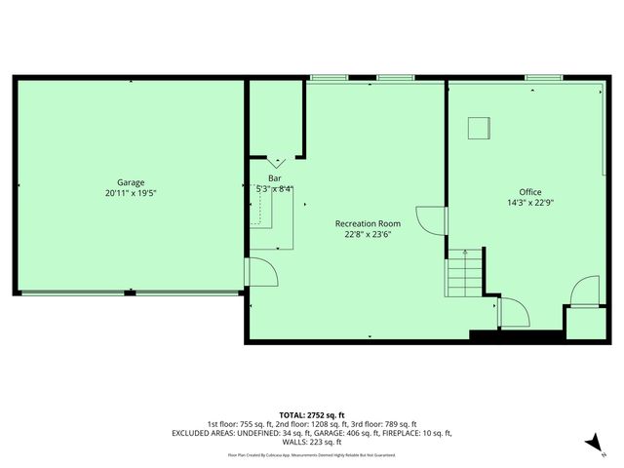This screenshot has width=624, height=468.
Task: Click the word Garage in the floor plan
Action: (131, 182)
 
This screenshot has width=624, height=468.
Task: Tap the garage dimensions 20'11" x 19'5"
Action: (131, 193)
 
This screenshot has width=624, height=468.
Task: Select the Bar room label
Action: (275, 178)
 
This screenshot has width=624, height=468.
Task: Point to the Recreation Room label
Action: (368, 223)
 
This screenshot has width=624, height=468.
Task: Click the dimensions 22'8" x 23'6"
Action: (368, 234)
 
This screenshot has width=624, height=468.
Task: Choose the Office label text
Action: (530, 192)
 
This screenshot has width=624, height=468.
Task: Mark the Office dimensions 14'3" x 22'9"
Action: (530, 203)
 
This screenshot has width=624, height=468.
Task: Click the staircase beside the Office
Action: (464, 275)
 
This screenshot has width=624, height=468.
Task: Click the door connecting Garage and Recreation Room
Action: (260, 270)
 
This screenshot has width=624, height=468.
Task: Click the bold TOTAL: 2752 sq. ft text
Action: (311, 415)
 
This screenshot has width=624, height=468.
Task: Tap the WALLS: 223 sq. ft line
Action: (311, 442)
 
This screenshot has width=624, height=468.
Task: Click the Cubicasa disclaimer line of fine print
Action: (311, 454)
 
